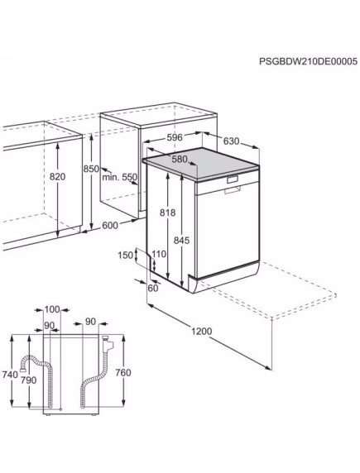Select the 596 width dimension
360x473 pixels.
173,139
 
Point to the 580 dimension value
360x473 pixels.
179,159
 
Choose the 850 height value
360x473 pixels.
91,170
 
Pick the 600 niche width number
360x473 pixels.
110,225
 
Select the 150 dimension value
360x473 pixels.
125,256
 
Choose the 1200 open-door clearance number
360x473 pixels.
201,332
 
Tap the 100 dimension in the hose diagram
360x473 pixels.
52,309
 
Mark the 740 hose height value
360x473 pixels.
9,375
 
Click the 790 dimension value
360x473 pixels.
29,380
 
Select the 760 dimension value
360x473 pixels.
123,373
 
